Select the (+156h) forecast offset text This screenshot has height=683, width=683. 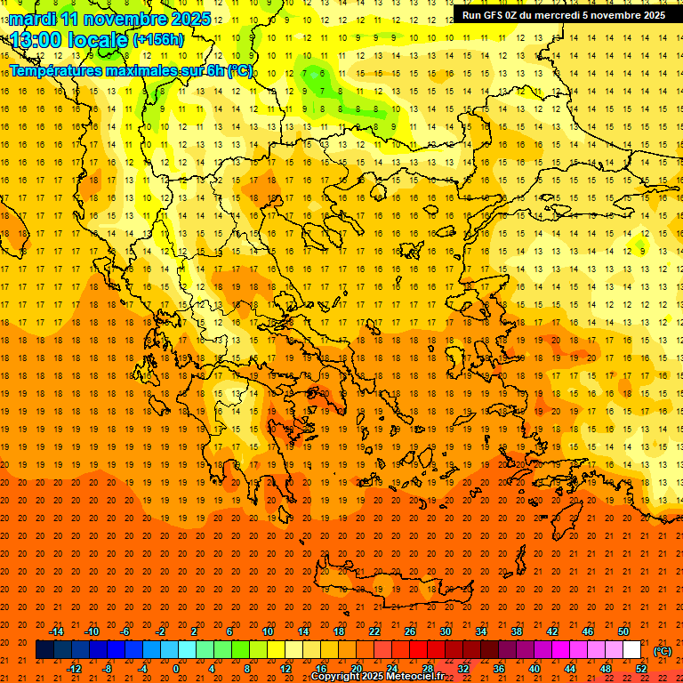tap(158, 40)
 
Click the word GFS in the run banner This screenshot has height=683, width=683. tap(494, 15)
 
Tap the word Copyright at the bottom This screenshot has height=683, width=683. tap(335, 677)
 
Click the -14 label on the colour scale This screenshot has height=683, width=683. tap(56, 631)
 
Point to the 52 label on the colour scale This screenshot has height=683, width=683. tap(641, 669)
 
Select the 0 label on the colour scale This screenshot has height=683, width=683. tap(176, 669)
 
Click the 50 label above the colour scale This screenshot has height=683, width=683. tap(623, 631)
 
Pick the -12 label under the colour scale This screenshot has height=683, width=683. tap(74, 669)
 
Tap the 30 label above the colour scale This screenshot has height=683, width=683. tap(445, 631)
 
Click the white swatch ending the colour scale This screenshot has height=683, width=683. tap(631, 650)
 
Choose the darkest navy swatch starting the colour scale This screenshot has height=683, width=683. tap(44, 650)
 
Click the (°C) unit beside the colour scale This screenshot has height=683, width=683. tap(662, 651)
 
